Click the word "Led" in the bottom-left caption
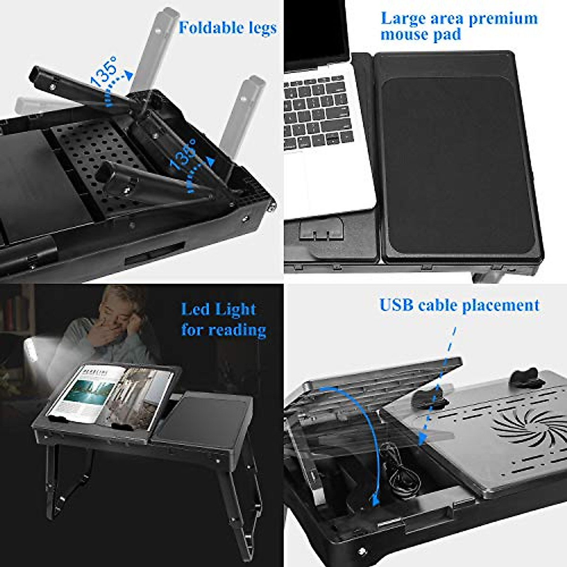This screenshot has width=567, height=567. coord(195,309)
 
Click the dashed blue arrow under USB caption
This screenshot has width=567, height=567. coord(437,387)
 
